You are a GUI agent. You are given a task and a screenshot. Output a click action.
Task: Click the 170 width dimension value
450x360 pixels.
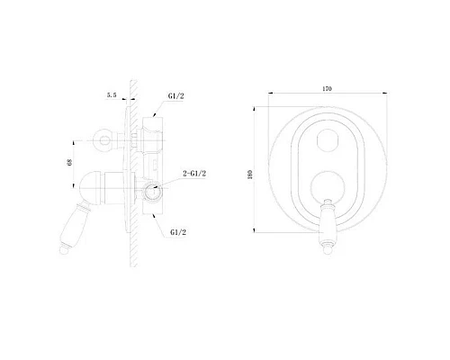(327, 89)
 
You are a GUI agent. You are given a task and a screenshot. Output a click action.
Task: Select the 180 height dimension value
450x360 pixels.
(250, 175)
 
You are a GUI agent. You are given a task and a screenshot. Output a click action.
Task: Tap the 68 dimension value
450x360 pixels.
(69, 162)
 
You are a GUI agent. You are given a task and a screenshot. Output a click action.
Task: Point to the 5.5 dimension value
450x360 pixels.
(112, 95)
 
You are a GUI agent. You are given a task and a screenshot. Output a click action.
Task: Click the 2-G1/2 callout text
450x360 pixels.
(194, 174)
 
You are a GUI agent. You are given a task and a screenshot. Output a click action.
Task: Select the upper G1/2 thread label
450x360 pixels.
(175, 96)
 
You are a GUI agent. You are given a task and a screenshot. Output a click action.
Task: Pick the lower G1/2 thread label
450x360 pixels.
(178, 232)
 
